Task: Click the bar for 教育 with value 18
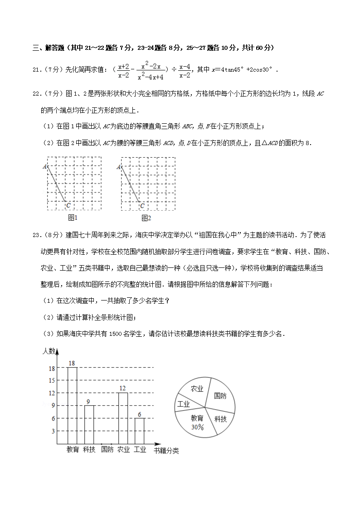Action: point(72,406)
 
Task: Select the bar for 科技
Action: point(89,424)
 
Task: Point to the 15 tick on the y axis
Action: point(52,380)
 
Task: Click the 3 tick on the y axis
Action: point(53,431)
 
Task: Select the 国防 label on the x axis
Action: point(107,450)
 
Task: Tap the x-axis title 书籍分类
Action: point(166,451)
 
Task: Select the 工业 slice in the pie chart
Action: point(184,404)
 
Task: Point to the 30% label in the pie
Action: point(197,427)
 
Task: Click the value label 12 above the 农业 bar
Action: point(122,388)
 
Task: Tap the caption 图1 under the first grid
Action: point(73,218)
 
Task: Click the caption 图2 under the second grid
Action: point(146,218)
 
